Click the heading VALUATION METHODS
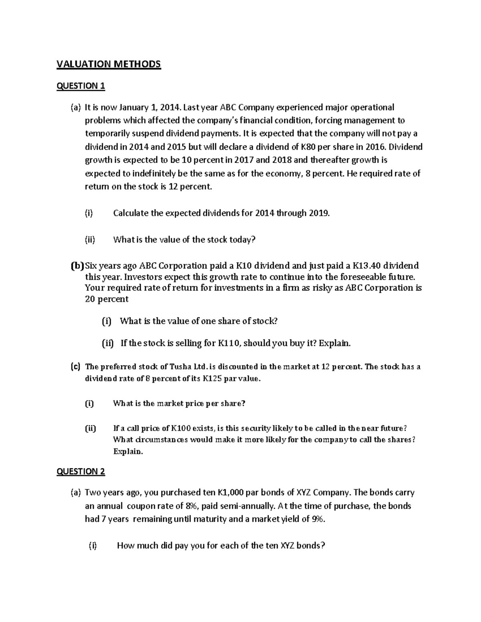coord(108,64)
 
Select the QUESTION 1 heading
coord(81,86)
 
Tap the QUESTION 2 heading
coord(81,471)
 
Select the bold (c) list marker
coord(75,366)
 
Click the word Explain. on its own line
coord(128,451)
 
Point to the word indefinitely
coord(138,173)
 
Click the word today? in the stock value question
coord(242,240)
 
